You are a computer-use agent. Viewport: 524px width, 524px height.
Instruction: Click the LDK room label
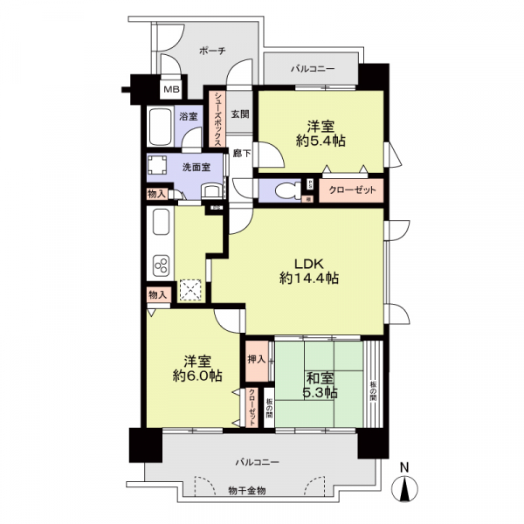coord(309,264)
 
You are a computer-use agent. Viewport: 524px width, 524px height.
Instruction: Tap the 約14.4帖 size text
coord(309,279)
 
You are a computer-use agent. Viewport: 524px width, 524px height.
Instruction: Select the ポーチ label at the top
coord(212,52)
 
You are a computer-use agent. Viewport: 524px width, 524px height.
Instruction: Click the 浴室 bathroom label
coord(189,116)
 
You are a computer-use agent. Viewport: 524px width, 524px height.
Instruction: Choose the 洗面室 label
coord(196,165)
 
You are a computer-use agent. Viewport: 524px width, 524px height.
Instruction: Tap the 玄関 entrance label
coord(240,114)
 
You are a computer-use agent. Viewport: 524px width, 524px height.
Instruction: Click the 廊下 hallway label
coord(243,154)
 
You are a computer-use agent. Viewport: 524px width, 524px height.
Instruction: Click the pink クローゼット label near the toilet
coord(349,190)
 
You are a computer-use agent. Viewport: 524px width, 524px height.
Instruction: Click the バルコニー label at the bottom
coord(255,460)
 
